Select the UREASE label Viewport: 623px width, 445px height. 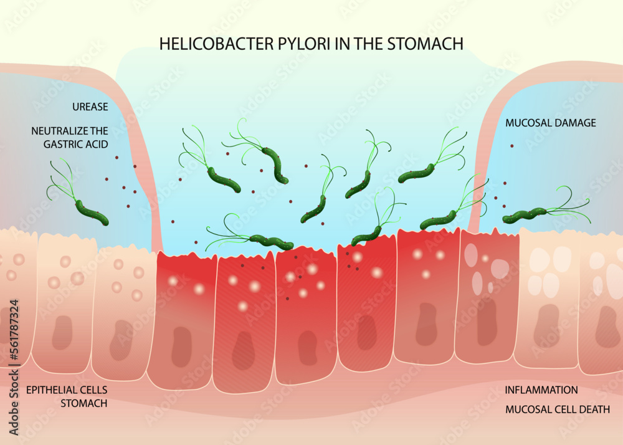[90, 107]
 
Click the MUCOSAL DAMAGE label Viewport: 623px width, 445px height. [550, 123]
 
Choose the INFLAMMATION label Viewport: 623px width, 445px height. [541, 390]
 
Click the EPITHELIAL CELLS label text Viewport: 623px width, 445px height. [67, 390]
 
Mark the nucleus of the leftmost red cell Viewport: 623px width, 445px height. [181, 346]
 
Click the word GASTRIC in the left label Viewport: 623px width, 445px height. [57, 144]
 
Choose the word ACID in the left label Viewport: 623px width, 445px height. [96, 144]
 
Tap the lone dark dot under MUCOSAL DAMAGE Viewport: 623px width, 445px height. [512, 146]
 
